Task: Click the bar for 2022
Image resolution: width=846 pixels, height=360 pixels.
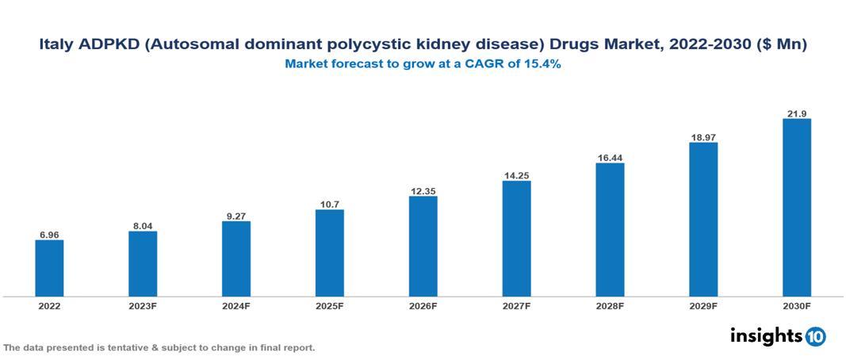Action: [x=49, y=268]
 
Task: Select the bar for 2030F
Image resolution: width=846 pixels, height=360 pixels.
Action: [x=796, y=208]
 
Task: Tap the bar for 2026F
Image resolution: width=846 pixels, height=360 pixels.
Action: [x=423, y=246]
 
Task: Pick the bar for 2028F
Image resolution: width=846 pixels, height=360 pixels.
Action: [x=610, y=230]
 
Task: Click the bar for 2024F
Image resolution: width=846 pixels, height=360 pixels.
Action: [x=236, y=259]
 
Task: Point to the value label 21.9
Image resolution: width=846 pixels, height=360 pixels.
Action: [x=796, y=113]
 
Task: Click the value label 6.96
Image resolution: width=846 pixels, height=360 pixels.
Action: [x=49, y=234]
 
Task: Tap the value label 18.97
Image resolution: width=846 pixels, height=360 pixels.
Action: [x=702, y=136]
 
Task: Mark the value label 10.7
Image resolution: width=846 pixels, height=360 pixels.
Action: [x=329, y=204]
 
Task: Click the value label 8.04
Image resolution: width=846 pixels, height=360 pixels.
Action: [x=143, y=225]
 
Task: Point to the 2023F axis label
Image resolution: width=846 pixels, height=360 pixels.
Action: [x=143, y=305]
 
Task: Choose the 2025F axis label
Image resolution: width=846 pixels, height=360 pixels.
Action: [x=329, y=305]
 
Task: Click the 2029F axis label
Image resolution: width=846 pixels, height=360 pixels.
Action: [x=702, y=305]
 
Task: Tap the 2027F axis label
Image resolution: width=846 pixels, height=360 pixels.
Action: [x=516, y=305]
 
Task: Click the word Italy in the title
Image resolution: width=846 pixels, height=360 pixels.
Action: [x=56, y=46]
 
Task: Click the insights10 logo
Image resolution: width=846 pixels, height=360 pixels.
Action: [x=777, y=336]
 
